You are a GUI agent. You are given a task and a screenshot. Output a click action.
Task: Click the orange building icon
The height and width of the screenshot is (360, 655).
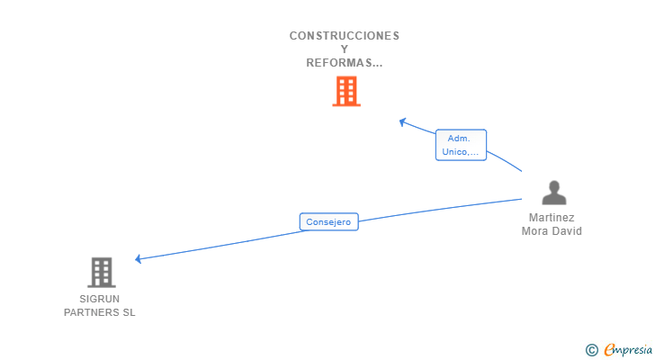pyautogui.click(x=346, y=91)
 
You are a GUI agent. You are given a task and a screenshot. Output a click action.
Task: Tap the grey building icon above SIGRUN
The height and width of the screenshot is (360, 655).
pyautogui.click(x=102, y=272)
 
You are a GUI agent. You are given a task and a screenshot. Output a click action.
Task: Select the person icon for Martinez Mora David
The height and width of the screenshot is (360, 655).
pyautogui.click(x=554, y=193)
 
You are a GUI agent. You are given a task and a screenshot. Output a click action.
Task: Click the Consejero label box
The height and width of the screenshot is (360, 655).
pyautogui.click(x=328, y=221)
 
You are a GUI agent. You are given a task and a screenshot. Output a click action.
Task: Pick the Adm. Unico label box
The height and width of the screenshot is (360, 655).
pyautogui.click(x=461, y=145)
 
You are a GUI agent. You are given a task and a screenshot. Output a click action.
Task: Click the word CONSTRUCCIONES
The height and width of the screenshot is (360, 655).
pyautogui.click(x=344, y=36)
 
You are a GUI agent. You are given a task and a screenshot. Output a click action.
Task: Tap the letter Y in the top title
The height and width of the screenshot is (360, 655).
pyautogui.click(x=345, y=49)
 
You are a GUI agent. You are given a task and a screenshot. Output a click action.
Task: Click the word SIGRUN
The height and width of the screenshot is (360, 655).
pyautogui.click(x=99, y=299)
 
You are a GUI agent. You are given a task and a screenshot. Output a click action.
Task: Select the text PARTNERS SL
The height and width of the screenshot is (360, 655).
pyautogui.click(x=99, y=312)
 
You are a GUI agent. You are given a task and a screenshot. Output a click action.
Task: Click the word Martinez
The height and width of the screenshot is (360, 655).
pyautogui.click(x=552, y=218)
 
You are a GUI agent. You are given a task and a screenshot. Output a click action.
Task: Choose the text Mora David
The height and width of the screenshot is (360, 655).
pyautogui.click(x=552, y=231)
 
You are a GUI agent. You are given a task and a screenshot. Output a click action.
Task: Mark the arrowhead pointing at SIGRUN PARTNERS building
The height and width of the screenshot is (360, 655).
pyautogui.click(x=139, y=259)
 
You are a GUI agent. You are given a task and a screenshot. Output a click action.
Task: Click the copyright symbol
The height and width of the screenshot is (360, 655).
pyautogui.click(x=591, y=349)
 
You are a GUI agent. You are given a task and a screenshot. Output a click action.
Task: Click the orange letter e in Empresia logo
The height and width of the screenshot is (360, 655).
pyautogui.click(x=609, y=349)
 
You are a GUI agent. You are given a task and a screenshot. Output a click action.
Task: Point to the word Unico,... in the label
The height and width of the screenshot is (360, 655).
pyautogui.click(x=461, y=152)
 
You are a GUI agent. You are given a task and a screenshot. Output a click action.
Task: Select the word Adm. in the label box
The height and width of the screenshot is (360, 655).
pyautogui.click(x=459, y=139)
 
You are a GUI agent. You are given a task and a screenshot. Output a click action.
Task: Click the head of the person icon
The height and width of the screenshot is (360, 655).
pyautogui.click(x=554, y=186)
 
